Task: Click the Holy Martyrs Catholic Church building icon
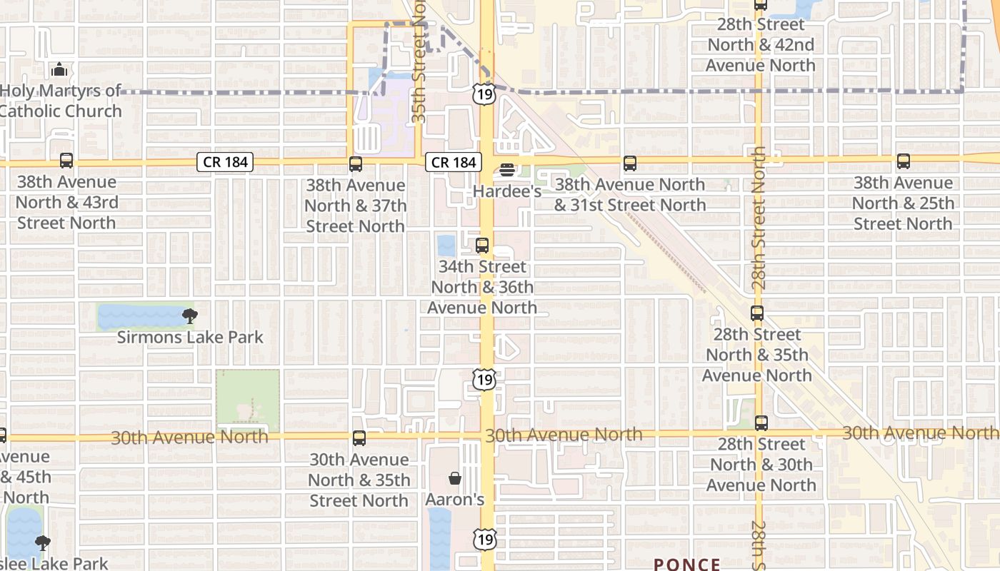(x=59, y=70)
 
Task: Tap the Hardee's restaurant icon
(x=507, y=170)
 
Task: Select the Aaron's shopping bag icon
(x=454, y=478)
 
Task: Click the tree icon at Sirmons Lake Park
(x=189, y=315)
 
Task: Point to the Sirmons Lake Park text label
(x=190, y=337)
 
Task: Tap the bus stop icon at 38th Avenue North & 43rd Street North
(x=66, y=161)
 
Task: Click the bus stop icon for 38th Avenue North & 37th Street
(x=356, y=164)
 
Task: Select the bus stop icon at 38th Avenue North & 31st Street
(x=629, y=163)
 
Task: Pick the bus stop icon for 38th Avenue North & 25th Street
(x=904, y=161)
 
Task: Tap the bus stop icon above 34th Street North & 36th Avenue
(x=482, y=246)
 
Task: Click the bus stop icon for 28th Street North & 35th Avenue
(x=757, y=313)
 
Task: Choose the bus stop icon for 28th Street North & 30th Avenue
(x=761, y=423)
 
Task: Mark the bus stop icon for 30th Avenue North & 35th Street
(x=359, y=438)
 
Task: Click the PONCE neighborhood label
(x=687, y=564)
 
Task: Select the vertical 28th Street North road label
(x=759, y=218)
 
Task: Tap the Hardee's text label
(x=507, y=191)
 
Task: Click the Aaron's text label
(x=455, y=500)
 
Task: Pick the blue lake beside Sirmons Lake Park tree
(x=139, y=316)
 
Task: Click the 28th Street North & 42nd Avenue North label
(x=760, y=45)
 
